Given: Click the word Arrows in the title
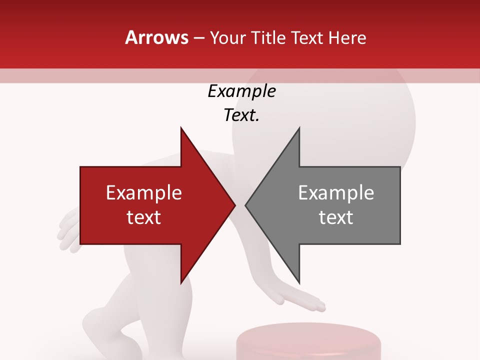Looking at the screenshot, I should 157,37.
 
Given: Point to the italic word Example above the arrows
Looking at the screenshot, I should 241,91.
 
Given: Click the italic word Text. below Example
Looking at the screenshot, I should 241,115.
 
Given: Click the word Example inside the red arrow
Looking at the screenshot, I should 144,193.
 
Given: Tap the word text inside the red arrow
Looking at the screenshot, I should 144,217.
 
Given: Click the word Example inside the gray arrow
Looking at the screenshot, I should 336,193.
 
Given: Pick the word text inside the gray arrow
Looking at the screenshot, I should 336,217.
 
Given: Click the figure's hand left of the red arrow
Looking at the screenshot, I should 68,232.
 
